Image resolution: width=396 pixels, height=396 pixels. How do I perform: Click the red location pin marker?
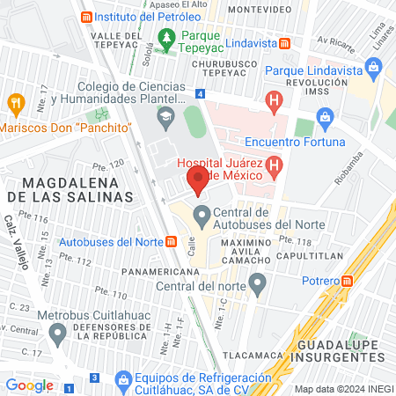point(198,182)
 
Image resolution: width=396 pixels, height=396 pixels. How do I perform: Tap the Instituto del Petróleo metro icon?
point(85,17)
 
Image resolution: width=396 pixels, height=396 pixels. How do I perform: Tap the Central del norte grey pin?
point(258,284)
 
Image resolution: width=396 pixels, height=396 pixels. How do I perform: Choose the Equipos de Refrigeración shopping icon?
point(122,377)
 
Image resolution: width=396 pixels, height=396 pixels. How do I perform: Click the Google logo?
point(30,385)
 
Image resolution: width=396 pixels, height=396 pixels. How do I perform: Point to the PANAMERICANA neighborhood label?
point(158,272)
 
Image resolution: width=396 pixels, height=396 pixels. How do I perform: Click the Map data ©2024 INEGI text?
point(342,389)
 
